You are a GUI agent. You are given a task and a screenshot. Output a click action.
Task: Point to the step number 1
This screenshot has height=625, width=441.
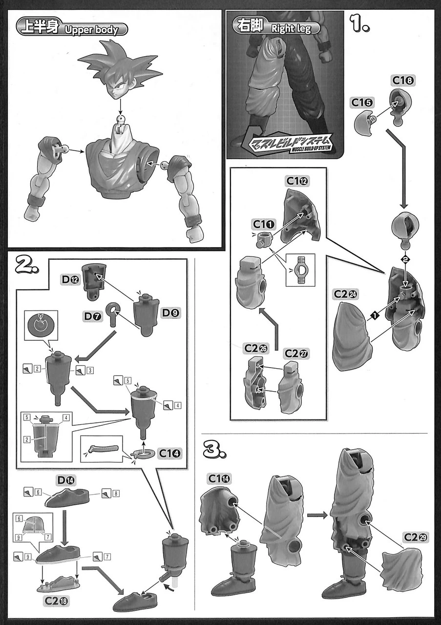[x=360, y=23]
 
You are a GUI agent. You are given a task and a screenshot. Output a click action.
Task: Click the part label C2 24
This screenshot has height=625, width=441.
[x=346, y=294]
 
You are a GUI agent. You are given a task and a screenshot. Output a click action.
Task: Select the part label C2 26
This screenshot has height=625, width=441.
[x=255, y=350]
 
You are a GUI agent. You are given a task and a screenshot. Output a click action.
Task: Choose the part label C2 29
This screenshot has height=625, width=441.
[x=415, y=538]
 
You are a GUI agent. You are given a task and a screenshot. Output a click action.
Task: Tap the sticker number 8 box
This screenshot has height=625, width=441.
[x=116, y=494]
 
